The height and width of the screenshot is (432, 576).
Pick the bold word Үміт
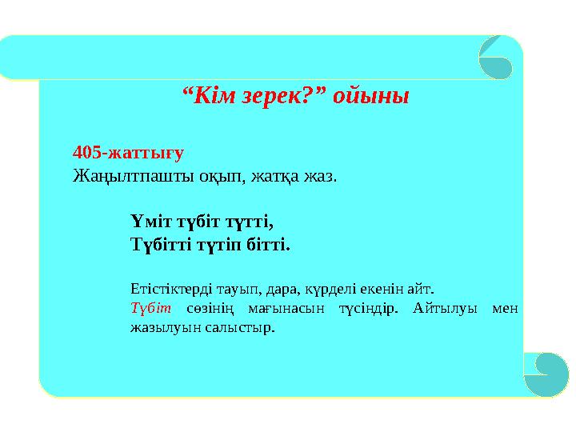[x=150, y=218]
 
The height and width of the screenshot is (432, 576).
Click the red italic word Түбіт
[x=146, y=307]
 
